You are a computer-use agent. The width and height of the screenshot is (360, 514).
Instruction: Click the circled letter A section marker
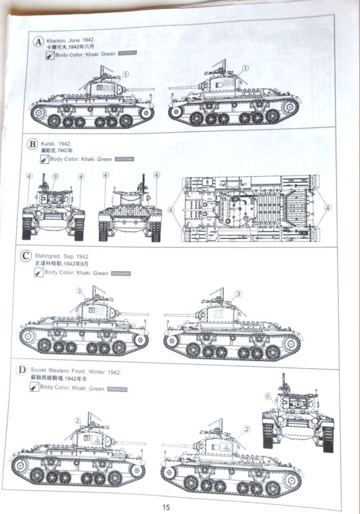(38, 43)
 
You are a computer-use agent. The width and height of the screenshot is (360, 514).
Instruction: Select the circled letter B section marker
(32, 143)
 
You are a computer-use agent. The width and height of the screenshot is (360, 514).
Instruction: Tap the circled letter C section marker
(25, 257)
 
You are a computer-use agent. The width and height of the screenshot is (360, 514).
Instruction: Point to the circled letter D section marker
(22, 372)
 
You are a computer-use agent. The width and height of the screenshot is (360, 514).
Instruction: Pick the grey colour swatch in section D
(116, 389)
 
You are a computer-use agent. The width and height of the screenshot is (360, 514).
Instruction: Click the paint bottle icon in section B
(43, 159)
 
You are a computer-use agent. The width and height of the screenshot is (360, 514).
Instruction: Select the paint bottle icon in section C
(38, 273)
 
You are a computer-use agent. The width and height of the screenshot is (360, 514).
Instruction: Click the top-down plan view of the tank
(248, 209)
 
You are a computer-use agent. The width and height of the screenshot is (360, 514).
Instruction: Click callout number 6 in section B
(55, 176)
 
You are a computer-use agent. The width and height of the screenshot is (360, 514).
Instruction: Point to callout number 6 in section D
(268, 396)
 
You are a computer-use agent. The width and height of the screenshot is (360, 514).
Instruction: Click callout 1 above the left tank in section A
(126, 74)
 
